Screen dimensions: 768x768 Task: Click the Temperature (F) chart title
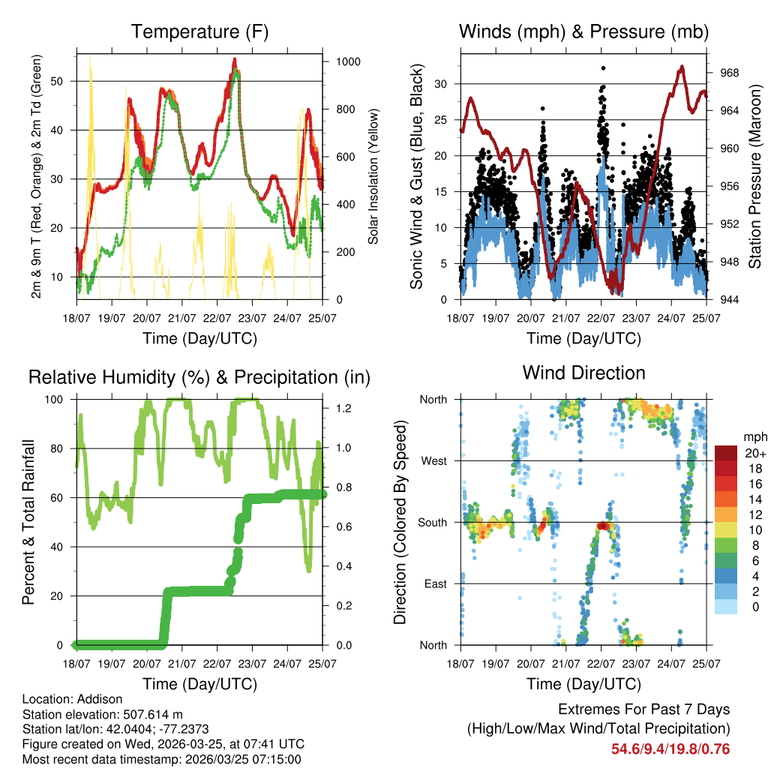[x=199, y=31]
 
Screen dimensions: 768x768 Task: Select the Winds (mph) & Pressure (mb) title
[x=583, y=31]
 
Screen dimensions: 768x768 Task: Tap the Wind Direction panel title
[x=583, y=372]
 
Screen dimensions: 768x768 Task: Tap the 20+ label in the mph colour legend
[x=754, y=453]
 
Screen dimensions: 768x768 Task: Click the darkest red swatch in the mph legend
[x=724, y=453]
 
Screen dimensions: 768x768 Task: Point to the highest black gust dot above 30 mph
[x=603, y=67]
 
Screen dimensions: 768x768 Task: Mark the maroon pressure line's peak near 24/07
[x=682, y=67]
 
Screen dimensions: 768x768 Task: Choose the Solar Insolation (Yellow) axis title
[x=373, y=176]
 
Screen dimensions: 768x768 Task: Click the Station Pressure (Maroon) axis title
[x=755, y=176]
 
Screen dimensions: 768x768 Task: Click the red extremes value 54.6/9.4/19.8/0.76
[x=670, y=748]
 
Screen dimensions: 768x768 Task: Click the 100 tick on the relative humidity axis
[x=61, y=399]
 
